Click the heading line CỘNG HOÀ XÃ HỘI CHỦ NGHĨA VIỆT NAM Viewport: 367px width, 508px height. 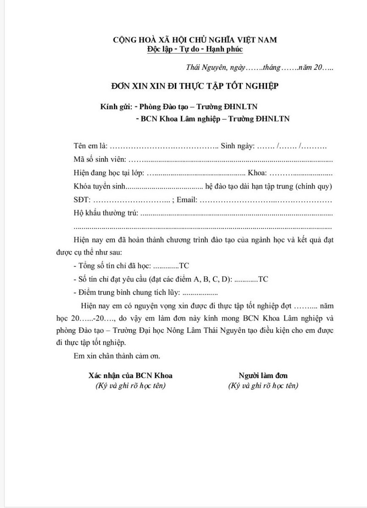click(195, 40)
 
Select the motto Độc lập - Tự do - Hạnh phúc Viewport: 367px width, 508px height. click(195, 49)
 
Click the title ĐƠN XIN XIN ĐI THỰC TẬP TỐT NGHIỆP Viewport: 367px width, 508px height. click(195, 86)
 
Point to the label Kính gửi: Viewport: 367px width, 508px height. click(116, 107)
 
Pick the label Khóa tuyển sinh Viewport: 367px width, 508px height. click(99, 186)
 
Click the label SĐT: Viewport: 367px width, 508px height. click(82, 200)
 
